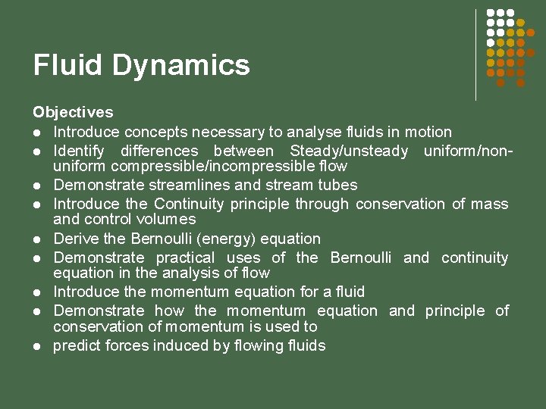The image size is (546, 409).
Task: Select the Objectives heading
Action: (x=73, y=112)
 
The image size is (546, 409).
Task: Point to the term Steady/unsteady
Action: (x=348, y=151)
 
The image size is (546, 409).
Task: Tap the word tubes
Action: (x=337, y=185)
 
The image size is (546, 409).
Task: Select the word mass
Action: (x=490, y=204)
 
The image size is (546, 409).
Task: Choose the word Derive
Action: (x=74, y=239)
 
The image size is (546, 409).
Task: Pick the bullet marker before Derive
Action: (x=36, y=239)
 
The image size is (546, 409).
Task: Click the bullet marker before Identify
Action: (x=36, y=151)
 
